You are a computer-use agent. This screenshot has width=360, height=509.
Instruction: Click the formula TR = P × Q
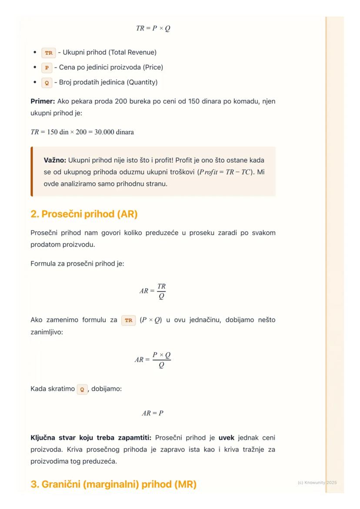point(153,28)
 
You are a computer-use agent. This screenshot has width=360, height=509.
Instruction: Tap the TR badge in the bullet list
point(49,53)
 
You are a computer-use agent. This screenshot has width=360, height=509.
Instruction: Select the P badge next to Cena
point(47,68)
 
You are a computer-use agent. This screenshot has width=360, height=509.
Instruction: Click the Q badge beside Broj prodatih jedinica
point(47,83)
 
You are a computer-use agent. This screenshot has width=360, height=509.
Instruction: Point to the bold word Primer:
point(43,101)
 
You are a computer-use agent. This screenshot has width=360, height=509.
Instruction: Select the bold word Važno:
point(55,160)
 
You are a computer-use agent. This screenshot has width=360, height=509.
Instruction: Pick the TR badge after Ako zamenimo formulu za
point(129,320)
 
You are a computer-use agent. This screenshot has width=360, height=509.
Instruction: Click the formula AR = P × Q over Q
point(153,359)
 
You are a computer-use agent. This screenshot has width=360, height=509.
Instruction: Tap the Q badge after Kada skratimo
point(82,389)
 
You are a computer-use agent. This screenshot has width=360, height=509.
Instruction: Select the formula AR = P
point(153,413)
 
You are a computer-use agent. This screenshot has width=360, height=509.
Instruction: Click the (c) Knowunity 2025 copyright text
point(317,482)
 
